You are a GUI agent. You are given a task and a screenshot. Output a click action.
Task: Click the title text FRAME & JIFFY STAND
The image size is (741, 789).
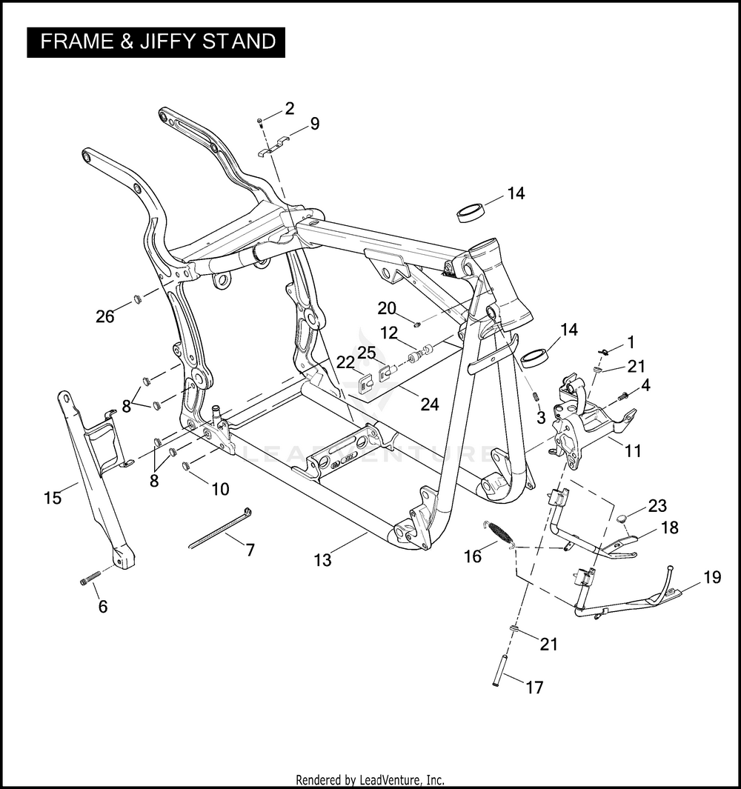click(x=158, y=41)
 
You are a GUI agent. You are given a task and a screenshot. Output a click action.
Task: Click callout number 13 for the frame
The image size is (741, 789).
click(x=322, y=560)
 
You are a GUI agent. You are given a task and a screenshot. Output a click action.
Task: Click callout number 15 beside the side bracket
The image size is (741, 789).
click(x=53, y=498)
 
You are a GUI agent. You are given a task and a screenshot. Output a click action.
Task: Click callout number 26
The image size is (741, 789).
click(x=105, y=316)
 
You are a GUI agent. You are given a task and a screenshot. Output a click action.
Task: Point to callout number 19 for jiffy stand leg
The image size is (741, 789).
click(x=712, y=577)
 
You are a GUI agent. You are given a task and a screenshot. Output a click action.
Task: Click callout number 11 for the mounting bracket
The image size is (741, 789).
click(x=633, y=450)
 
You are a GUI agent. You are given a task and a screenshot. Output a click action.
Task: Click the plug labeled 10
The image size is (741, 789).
click(x=185, y=467)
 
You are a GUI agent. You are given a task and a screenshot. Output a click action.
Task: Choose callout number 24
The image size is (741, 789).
click(x=429, y=404)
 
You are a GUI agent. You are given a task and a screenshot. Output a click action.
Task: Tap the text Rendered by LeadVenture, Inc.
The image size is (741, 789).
click(x=370, y=779)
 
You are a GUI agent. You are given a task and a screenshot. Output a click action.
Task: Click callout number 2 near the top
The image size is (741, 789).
click(x=289, y=108)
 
